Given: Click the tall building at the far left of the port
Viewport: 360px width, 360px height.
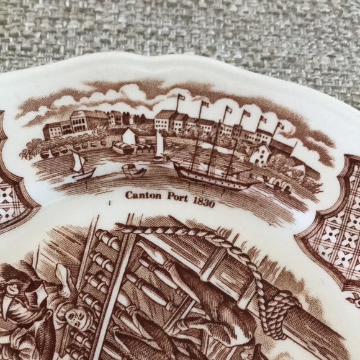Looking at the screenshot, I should [x=81, y=122].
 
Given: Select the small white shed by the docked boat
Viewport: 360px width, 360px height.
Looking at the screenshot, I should [x=130, y=137].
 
